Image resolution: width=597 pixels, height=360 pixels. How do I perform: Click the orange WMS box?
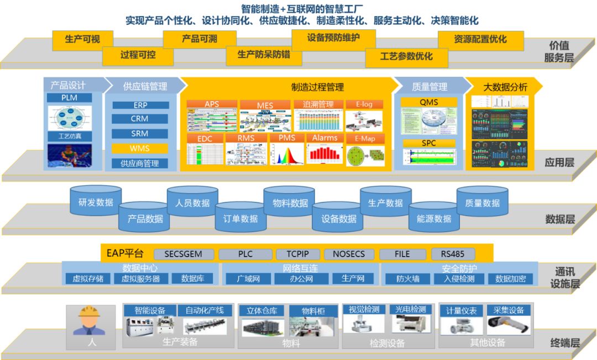[x=140, y=148]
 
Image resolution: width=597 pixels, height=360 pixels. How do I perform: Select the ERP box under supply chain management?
[x=140, y=105]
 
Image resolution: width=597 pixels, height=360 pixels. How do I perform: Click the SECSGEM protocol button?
[x=183, y=254]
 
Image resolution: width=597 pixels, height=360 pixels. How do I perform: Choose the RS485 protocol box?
[x=452, y=254]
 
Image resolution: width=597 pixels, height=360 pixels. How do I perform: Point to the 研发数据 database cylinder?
[x=96, y=202]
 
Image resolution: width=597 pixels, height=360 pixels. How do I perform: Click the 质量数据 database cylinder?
[x=483, y=203]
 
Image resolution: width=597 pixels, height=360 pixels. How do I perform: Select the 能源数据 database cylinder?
[x=434, y=218]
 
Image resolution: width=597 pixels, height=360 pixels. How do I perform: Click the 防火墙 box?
[x=408, y=279]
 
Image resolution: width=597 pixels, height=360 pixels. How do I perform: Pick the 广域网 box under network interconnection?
[x=248, y=279]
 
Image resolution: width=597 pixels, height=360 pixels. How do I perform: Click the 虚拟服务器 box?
[x=141, y=279]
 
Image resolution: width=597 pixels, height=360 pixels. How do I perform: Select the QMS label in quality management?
[x=429, y=102]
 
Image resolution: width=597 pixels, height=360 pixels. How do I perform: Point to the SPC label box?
[x=429, y=143]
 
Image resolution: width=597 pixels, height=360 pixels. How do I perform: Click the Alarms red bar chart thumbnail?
[x=324, y=153]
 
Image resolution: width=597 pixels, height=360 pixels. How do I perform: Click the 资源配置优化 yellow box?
[x=480, y=40]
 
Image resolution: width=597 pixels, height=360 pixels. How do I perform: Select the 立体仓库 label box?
[x=261, y=311]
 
